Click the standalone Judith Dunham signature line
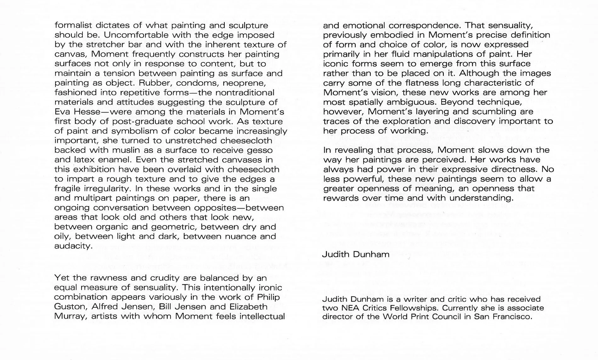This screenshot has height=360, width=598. [356, 254]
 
